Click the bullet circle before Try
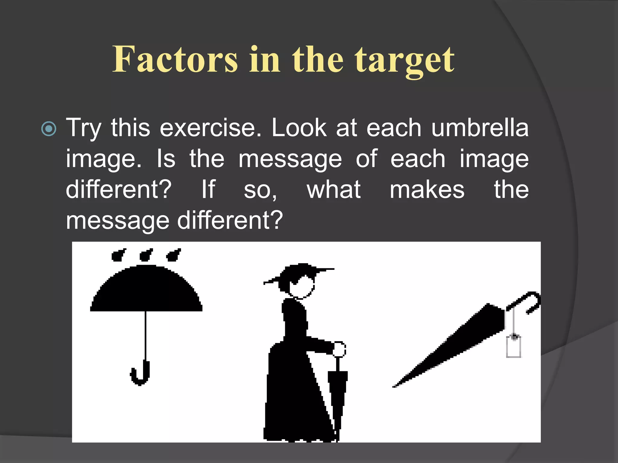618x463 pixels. point(49,129)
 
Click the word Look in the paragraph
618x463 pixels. point(299,128)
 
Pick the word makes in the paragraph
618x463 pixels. point(427,190)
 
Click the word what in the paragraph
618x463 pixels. point(333,190)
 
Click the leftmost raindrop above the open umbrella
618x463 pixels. point(118,255)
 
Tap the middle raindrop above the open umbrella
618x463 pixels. point(146,255)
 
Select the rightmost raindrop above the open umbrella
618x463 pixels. point(174,255)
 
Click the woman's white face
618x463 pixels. point(302,286)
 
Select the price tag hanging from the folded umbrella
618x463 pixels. point(513,347)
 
